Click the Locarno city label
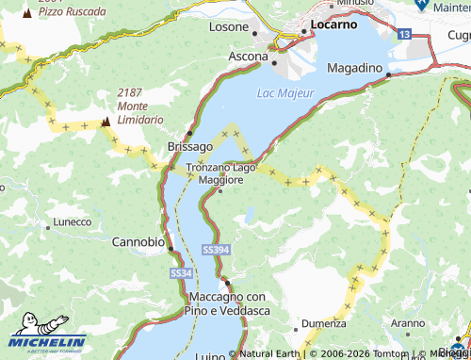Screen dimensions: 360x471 point(334,25)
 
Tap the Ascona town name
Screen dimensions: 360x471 point(249,57)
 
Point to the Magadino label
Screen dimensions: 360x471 point(354,69)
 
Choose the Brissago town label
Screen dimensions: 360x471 point(190,146)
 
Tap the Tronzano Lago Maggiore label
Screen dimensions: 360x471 point(221,173)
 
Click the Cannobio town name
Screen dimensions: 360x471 point(138,241)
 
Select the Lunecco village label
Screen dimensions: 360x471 point(73,222)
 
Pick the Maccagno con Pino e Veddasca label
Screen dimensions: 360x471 point(224,303)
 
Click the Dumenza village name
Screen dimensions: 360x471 point(322,322)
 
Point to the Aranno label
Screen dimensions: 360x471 point(409,322)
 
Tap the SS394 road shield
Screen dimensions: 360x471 point(215,249)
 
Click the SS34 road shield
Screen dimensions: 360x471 point(182,272)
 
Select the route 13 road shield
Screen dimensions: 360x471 point(404,34)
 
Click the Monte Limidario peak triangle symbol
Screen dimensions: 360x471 point(105,122)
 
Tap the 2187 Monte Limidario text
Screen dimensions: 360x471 point(140,106)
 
